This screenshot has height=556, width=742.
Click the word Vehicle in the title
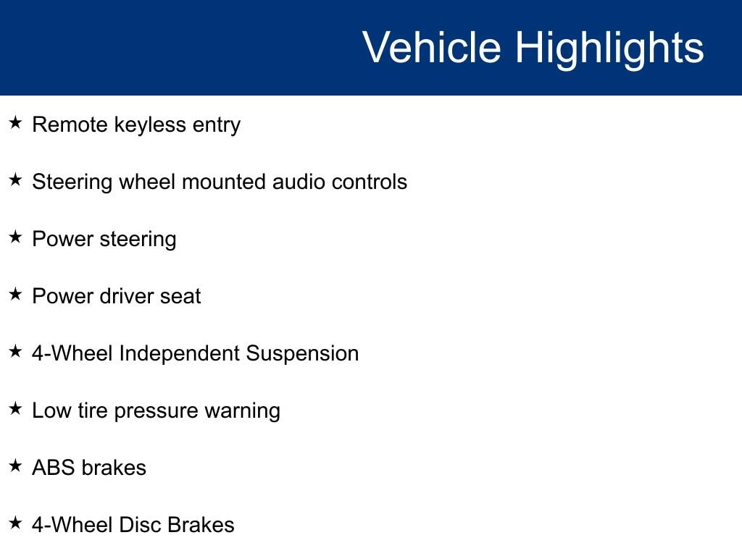coord(432,47)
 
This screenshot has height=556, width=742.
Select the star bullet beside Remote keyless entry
coord(16,122)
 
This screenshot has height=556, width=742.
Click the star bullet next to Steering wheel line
coord(16,180)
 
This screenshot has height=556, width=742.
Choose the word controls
coord(369,182)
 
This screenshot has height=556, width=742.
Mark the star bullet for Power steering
coord(16,237)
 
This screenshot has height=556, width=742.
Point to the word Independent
coord(180,354)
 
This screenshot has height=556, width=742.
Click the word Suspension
coord(302,353)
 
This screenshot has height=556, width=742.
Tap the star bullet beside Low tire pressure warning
coord(16,408)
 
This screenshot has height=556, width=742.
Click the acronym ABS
coord(54,468)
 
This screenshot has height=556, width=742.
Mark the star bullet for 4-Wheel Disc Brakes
coord(16,523)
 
